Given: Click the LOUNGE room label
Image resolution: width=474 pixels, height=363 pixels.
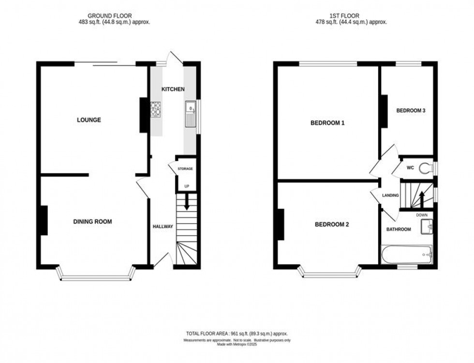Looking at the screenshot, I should coord(89,120).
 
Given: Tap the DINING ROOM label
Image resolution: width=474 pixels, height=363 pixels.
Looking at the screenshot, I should coord(92,222).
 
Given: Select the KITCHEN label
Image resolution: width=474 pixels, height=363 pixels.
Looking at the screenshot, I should coord(173,89).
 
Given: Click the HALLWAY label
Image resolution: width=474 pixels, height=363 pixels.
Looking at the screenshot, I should coord(163,227).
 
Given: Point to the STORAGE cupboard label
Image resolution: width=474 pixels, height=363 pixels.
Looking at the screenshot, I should coord(185,169).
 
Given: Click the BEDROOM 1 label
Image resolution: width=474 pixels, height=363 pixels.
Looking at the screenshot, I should coord(327,123).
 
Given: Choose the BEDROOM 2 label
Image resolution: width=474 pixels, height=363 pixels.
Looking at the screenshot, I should coord(332,224).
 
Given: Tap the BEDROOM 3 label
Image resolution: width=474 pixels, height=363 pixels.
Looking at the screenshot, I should coord(411,111).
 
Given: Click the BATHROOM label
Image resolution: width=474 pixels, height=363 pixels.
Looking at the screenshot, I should coord(399,229).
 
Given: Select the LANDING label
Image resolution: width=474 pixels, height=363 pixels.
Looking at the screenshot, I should coord(390,195).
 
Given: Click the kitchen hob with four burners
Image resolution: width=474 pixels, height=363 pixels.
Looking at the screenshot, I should coord(157,110).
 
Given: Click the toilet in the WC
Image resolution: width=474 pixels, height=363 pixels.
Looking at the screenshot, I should coord(426,168).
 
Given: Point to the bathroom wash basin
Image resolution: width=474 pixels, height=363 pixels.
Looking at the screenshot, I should coord(428,226).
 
